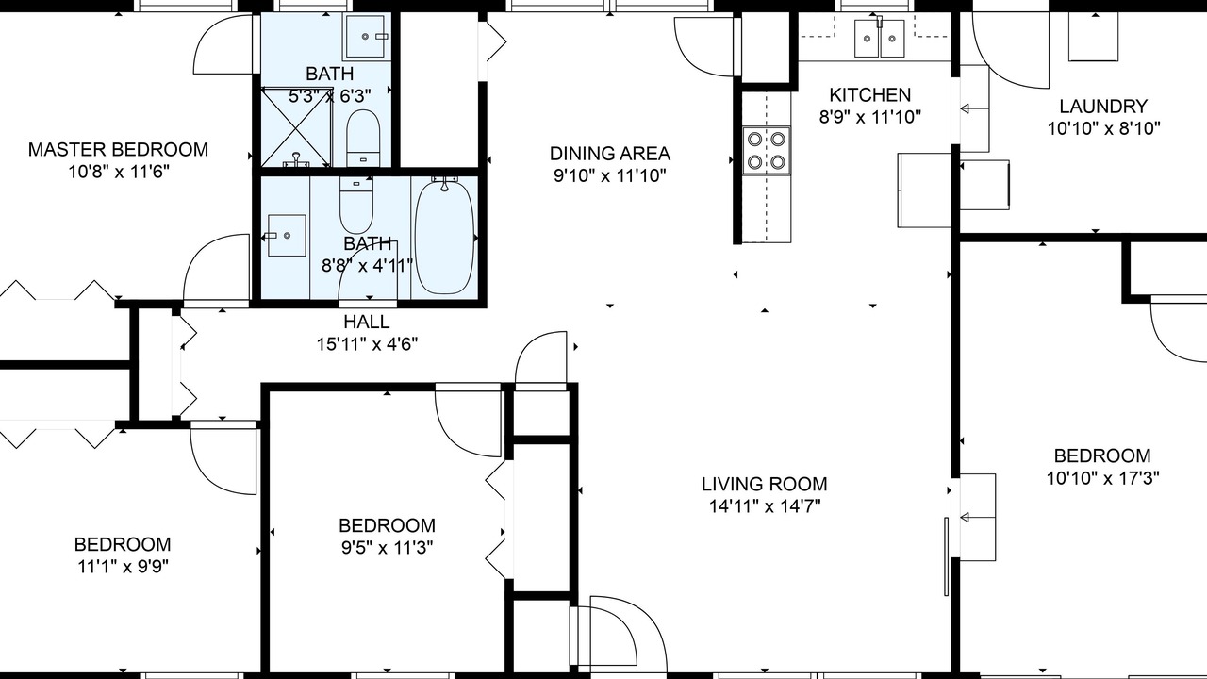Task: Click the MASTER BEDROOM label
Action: tap(118, 149)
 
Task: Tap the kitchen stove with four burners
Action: tap(767, 150)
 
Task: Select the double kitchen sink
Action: tap(880, 39)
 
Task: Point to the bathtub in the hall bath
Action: tap(444, 237)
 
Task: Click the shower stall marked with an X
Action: tap(295, 127)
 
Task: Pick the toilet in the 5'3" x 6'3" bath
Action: tap(363, 139)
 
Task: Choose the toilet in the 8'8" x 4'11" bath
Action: tap(356, 206)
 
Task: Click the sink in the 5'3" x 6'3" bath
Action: tap(365, 36)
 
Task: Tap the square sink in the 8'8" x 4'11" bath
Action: tap(287, 236)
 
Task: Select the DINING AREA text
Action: tap(610, 154)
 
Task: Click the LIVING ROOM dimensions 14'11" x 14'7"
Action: tap(765, 506)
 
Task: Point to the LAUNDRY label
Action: tap(1103, 107)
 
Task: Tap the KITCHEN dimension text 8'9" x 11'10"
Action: tap(870, 117)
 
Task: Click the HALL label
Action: tap(367, 322)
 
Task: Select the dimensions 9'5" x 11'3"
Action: tap(388, 548)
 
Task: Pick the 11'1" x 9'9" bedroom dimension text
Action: tap(124, 567)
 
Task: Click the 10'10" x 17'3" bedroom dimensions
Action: tap(1103, 478)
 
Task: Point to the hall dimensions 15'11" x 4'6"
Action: tap(367, 344)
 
